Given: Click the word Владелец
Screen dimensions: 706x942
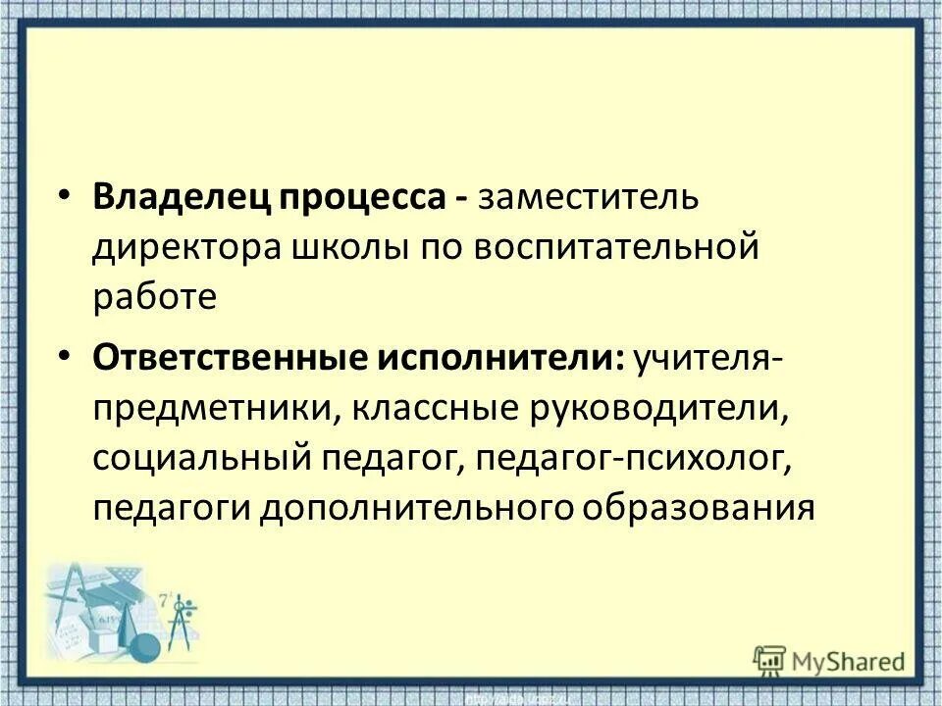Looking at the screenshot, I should pos(183,197).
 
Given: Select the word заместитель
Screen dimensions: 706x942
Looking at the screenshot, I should pos(588,197).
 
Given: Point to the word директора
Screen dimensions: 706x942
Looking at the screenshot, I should pos(186,247).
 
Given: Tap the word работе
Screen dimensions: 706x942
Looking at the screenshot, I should pos(154,296).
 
